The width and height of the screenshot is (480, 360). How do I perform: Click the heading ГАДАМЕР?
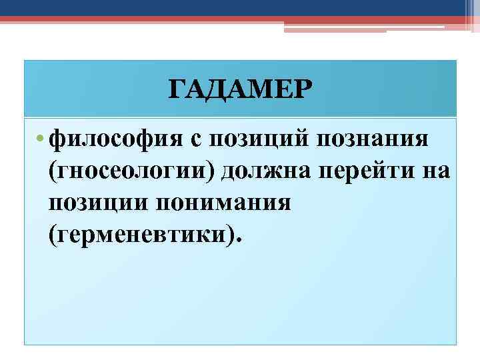(239, 88)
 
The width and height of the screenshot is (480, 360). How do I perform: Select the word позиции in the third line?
(98, 203)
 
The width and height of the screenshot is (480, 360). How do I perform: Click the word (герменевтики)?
(139, 235)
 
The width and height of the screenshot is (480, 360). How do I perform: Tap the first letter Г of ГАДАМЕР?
(175, 88)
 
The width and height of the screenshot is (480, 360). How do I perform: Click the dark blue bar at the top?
(240, 7)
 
